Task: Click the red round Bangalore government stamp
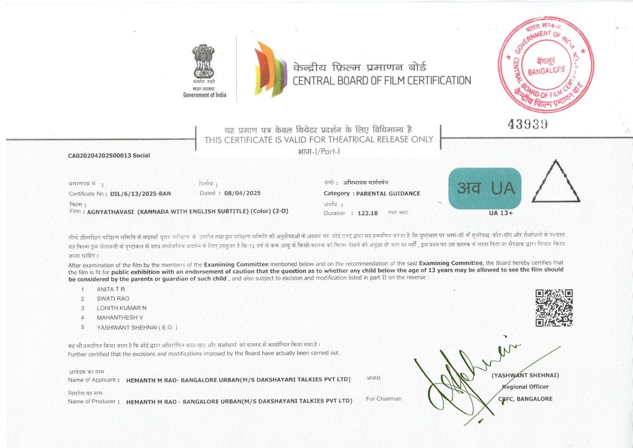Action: (x=547, y=64)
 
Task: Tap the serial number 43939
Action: (x=529, y=124)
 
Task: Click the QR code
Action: (x=554, y=308)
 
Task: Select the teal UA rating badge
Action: (x=484, y=188)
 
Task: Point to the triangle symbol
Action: (x=555, y=182)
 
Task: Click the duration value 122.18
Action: (x=367, y=213)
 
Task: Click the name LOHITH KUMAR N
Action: (x=121, y=308)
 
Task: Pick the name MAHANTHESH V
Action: (x=120, y=317)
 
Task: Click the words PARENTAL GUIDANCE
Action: (x=387, y=194)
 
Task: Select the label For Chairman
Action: (x=384, y=399)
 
